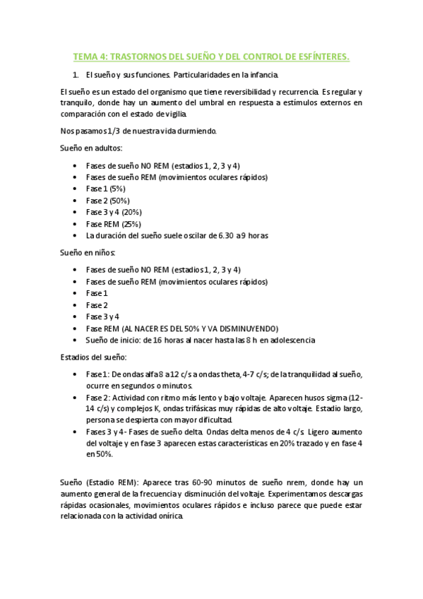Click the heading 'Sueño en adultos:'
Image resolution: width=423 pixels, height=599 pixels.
pos(91,148)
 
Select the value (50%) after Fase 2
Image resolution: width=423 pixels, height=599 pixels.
pos(119,201)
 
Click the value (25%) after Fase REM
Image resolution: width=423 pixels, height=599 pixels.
pos(126,224)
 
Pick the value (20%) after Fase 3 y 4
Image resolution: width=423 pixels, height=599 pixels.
pos(131,212)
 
